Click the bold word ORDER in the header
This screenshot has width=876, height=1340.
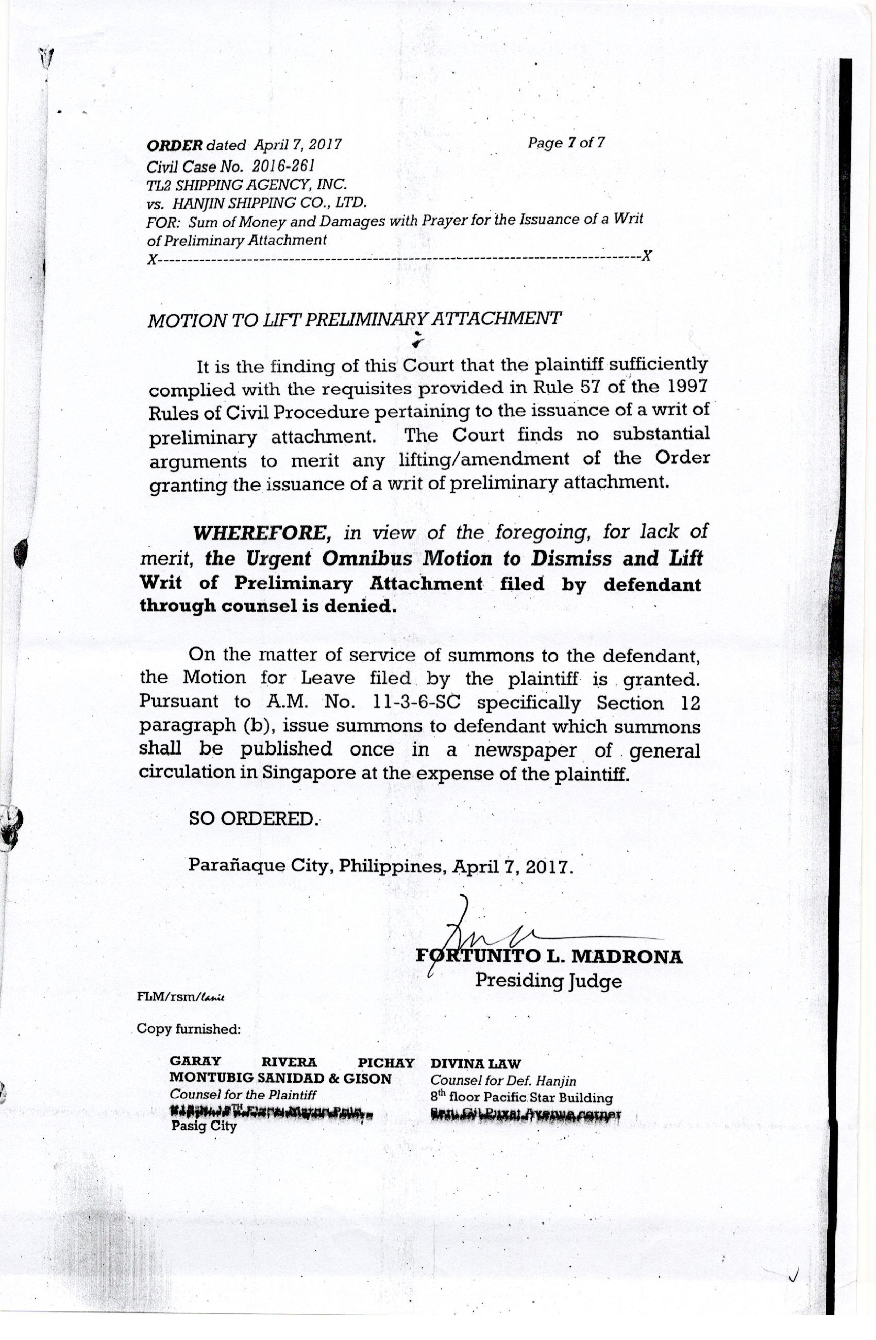point(175,145)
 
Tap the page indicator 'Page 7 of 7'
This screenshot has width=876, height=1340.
point(566,143)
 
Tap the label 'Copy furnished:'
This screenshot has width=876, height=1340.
point(189,1029)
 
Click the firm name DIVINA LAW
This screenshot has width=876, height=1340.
point(476,1063)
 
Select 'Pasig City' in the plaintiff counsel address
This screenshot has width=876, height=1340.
point(204,1126)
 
